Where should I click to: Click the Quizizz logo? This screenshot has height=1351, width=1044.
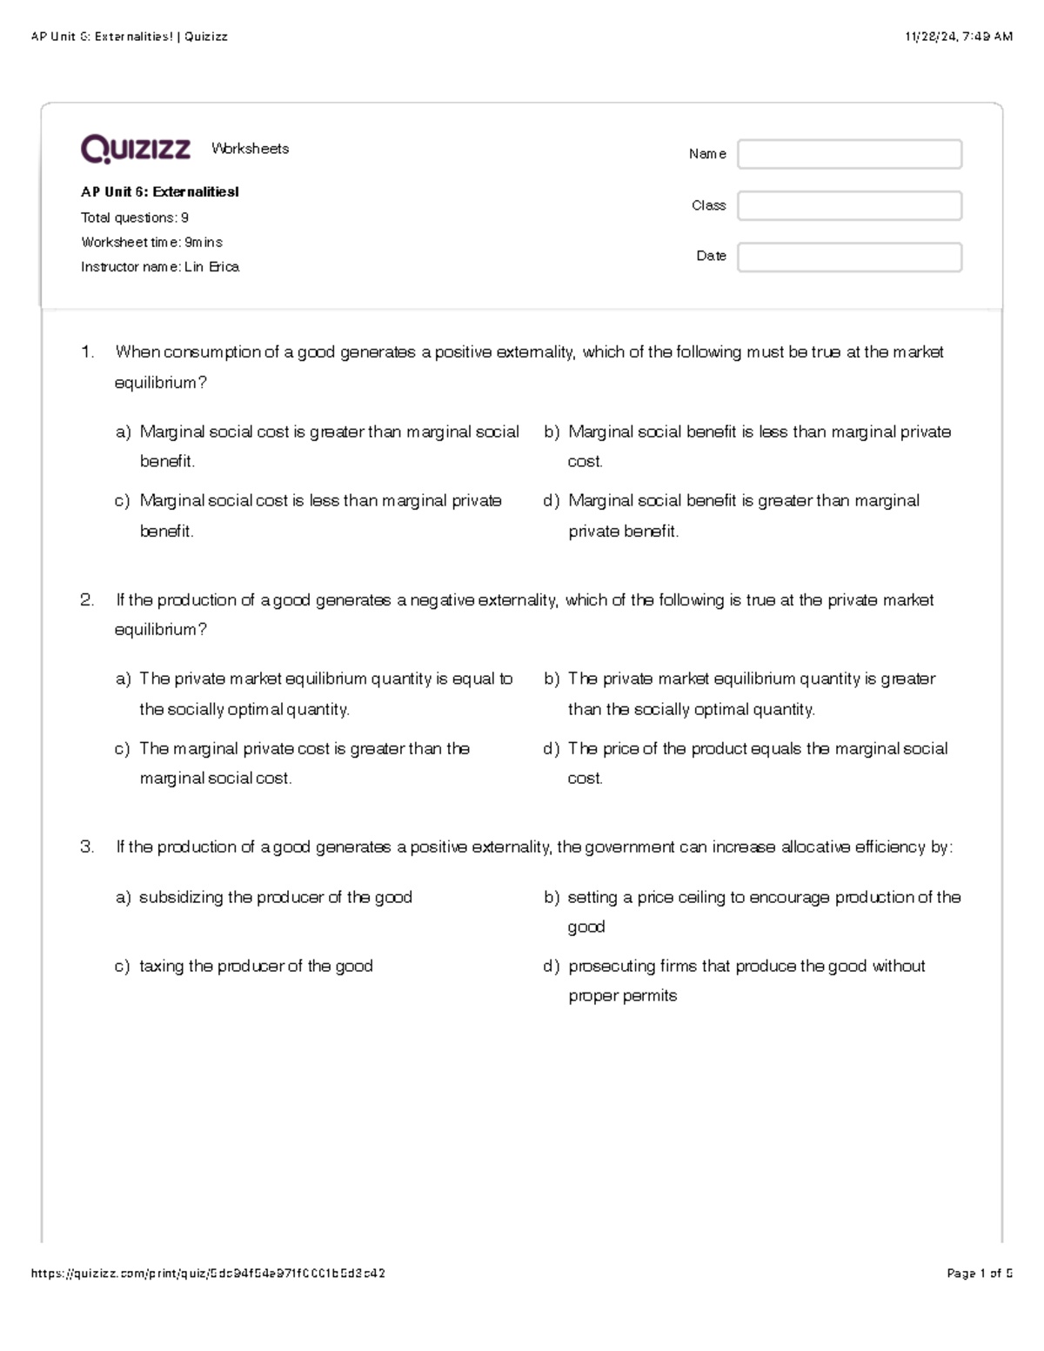pyautogui.click(x=135, y=149)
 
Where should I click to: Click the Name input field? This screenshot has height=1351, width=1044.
pyautogui.click(x=849, y=154)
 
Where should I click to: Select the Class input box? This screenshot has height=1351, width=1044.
pyautogui.click(x=849, y=205)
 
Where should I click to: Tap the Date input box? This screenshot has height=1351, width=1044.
pyautogui.click(x=849, y=257)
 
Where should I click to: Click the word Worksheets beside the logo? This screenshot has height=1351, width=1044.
pyautogui.click(x=250, y=149)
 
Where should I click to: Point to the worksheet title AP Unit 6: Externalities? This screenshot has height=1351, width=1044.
pyautogui.click(x=160, y=192)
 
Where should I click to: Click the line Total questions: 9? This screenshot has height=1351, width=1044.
pyautogui.click(x=135, y=217)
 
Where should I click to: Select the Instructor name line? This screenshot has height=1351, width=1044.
pyautogui.click(x=160, y=267)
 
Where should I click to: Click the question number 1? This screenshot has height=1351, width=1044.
pyautogui.click(x=87, y=352)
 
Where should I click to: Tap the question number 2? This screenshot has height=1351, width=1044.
pyautogui.click(x=87, y=600)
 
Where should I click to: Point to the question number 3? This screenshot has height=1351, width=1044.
pyautogui.click(x=87, y=847)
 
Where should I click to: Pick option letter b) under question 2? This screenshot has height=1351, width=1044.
pyautogui.click(x=552, y=679)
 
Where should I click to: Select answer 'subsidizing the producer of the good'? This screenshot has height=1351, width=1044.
pyautogui.click(x=276, y=897)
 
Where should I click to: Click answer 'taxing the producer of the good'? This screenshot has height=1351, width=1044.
pyautogui.click(x=256, y=966)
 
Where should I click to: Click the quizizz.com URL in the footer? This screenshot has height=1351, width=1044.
pyautogui.click(x=208, y=1274)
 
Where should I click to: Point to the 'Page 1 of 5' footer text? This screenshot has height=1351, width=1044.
pyautogui.click(x=980, y=1274)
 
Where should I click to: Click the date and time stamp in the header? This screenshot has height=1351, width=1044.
pyautogui.click(x=959, y=37)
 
